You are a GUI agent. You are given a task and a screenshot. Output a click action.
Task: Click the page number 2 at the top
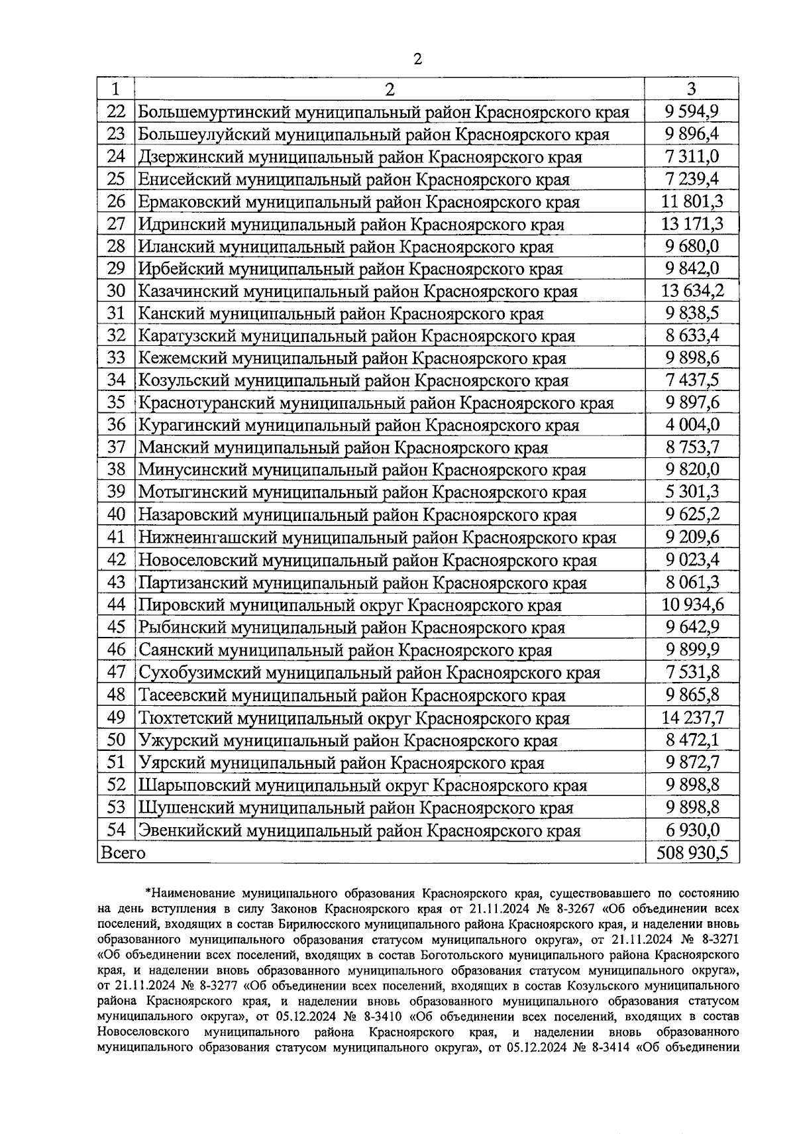point(417,59)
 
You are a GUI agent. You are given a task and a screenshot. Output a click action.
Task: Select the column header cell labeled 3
point(692,89)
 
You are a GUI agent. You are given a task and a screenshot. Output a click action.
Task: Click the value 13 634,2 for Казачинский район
point(692,290)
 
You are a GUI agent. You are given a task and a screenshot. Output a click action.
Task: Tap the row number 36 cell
point(116,425)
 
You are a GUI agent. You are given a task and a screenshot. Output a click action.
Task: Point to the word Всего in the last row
point(122,852)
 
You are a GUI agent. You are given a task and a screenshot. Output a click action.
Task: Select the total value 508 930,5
point(692,852)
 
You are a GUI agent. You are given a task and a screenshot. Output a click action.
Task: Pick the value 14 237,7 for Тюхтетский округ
point(692,718)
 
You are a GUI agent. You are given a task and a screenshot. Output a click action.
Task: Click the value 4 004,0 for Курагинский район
point(692,425)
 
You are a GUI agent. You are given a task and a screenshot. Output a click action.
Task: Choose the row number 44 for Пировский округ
point(116,604)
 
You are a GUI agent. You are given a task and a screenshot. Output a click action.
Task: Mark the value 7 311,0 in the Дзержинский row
point(692,156)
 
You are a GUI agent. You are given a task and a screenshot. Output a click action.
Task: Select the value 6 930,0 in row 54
point(692,830)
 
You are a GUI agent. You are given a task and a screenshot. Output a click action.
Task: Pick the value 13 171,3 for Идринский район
point(692,223)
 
